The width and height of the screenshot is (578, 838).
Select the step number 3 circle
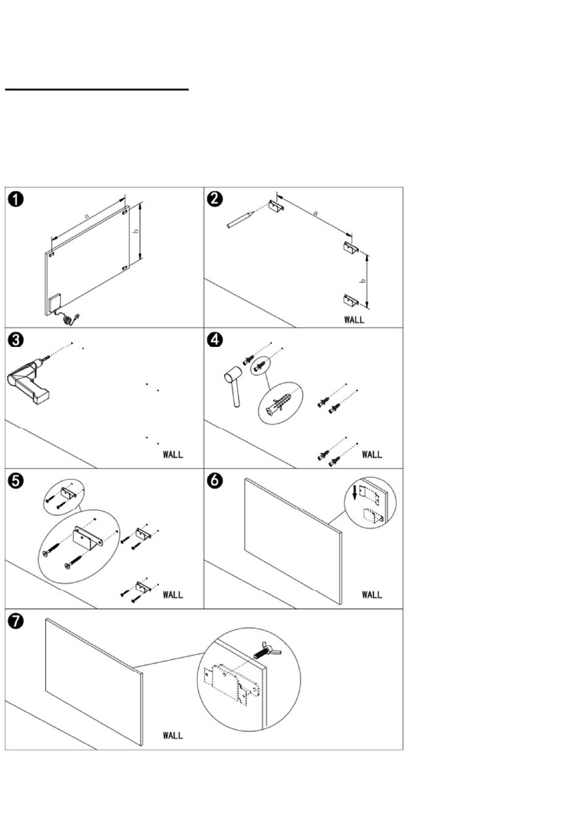coord(16,340)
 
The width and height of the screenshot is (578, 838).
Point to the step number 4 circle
coord(215,340)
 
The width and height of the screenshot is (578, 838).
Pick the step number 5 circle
coord(16,481)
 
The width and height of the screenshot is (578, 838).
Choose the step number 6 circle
coord(215,481)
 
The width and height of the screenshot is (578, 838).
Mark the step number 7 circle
coord(16,621)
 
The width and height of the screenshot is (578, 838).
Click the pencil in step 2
coord(241,219)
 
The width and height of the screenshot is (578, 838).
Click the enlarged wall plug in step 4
coord(279,403)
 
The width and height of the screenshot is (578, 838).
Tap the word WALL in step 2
coord(354,319)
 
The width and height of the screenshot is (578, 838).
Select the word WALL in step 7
coord(173,735)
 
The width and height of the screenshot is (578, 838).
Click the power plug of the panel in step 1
coord(77,316)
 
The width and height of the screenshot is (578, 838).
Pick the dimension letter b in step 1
coord(136,231)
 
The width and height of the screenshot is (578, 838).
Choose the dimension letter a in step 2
coord(315,213)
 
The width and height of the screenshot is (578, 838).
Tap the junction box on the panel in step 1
coord(55,303)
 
